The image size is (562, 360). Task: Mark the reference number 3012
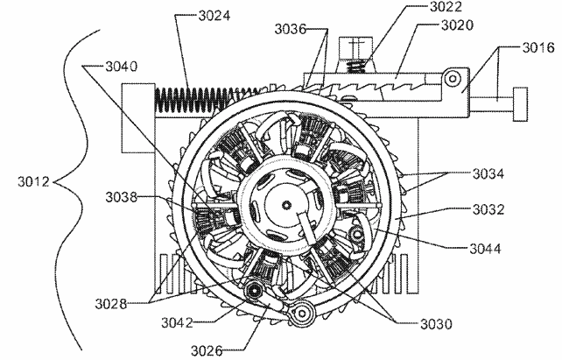tap(34, 182)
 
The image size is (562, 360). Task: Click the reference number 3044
tap(483, 249)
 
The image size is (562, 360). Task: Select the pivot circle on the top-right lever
tap(452, 81)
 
